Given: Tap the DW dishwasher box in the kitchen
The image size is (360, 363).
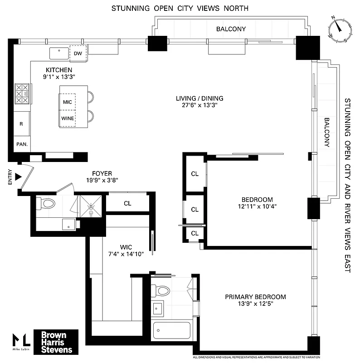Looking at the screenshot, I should click(78, 54).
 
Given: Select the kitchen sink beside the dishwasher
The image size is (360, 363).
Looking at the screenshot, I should click(58, 53).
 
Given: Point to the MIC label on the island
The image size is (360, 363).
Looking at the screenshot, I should click(68, 102).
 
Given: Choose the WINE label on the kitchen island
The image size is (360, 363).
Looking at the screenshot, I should click(68, 118).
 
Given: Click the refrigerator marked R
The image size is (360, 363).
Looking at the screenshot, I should click(21, 123).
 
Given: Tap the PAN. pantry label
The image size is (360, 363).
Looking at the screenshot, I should click(22, 144).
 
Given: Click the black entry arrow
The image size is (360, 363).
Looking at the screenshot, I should click(18, 177).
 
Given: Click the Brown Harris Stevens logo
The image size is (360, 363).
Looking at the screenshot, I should click(57, 342).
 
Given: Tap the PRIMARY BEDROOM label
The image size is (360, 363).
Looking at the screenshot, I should click(255, 297).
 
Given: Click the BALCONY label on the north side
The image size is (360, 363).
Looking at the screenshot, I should click(231, 29).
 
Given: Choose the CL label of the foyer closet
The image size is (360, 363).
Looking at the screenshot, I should click(127, 203).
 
